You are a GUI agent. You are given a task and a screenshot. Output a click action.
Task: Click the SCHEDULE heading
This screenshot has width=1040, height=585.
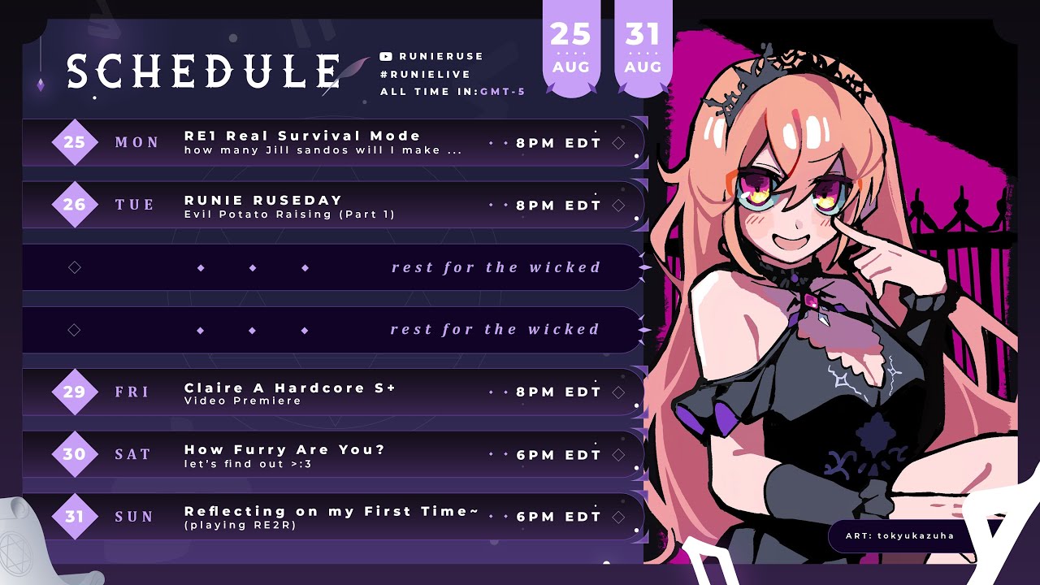(x=204, y=71)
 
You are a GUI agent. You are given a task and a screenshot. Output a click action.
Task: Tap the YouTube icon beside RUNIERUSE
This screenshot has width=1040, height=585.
(x=386, y=56)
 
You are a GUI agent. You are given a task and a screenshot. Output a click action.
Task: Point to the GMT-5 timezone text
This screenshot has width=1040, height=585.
(x=502, y=92)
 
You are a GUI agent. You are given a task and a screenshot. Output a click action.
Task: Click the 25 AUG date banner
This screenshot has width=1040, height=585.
(x=570, y=49)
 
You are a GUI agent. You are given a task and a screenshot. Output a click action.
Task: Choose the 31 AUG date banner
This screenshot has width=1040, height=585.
(x=643, y=49)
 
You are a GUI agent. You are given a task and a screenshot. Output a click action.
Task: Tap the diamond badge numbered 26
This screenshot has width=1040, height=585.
(x=74, y=204)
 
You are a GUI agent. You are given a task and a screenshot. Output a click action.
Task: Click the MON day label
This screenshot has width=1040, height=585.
(x=137, y=142)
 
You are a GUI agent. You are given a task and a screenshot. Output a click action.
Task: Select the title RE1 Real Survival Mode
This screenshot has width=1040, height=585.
(x=302, y=136)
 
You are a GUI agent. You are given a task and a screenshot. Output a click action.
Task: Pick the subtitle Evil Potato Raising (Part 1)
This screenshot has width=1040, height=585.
(x=289, y=214)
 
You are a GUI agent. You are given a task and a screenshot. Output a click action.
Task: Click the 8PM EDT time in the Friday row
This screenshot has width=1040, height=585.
(x=558, y=392)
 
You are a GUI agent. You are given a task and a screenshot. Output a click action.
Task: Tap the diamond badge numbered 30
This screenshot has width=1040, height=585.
(x=74, y=453)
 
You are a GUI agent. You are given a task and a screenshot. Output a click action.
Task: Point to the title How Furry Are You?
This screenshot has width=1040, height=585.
(x=284, y=449)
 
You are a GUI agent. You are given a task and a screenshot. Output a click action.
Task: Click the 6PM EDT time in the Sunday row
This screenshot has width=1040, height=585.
(x=558, y=516)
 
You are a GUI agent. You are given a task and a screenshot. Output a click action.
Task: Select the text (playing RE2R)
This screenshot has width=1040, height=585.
(x=240, y=525)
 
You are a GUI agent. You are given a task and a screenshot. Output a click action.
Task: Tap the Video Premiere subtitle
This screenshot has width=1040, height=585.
(x=242, y=401)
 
